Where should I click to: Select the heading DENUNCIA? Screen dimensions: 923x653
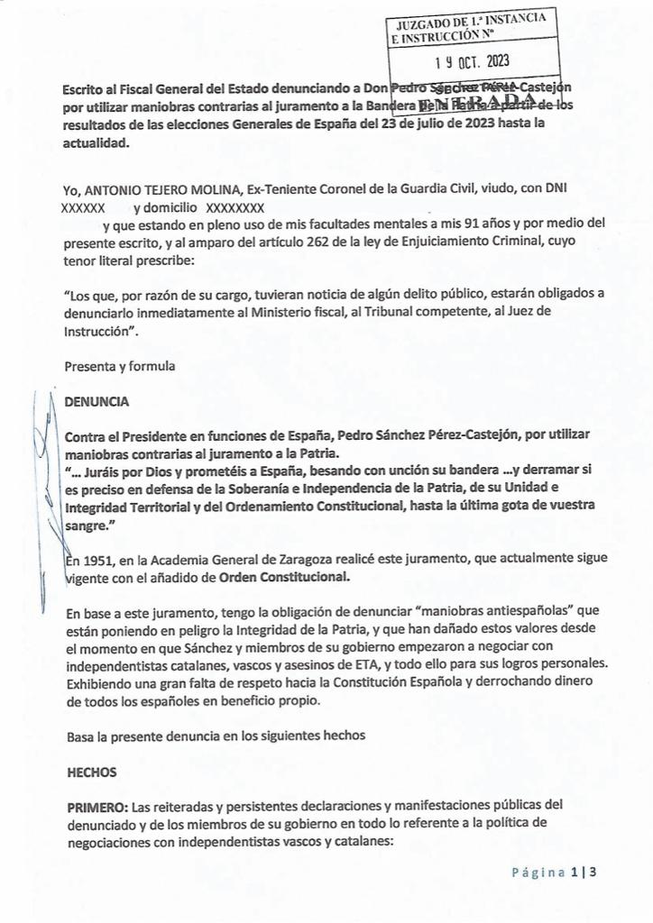[97, 401]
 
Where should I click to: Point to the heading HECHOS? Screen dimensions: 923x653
[91, 772]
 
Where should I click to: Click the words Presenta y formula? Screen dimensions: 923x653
[120, 366]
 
